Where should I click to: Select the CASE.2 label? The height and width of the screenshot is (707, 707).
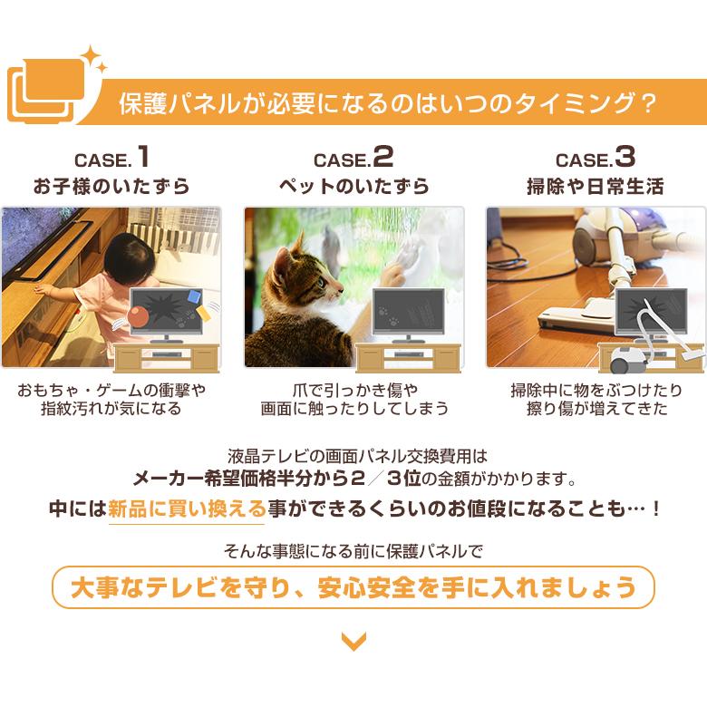point(353,159)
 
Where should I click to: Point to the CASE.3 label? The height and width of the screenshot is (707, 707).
point(596,159)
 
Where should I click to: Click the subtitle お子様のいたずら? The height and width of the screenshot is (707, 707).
point(111,188)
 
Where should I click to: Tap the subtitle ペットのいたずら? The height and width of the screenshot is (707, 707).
point(353,188)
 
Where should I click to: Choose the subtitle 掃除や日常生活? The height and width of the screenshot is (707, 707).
point(596,188)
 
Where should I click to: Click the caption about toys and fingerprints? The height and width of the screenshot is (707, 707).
point(111,399)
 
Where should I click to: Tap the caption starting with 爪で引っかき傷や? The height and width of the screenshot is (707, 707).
point(353,399)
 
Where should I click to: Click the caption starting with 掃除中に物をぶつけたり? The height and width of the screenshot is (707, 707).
point(596,399)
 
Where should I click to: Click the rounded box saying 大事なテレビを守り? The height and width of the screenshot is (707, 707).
point(353,588)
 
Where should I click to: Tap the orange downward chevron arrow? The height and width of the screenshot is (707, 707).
point(353,643)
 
